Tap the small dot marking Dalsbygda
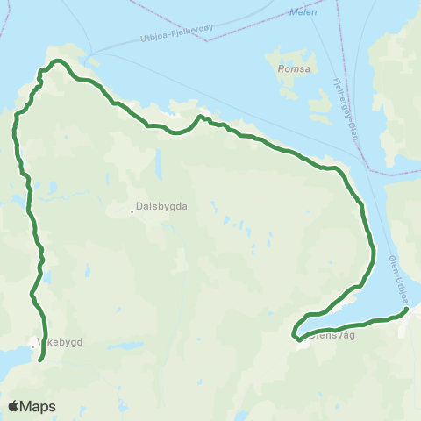[132, 209]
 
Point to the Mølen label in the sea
[303, 12]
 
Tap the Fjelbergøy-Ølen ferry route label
[346, 110]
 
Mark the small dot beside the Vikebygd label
[33, 346]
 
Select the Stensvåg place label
[329, 333]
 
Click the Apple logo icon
[15, 406]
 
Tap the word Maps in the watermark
[39, 406]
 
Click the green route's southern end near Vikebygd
[41, 358]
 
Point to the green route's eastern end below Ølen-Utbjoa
[407, 309]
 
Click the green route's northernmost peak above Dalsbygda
[58, 61]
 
